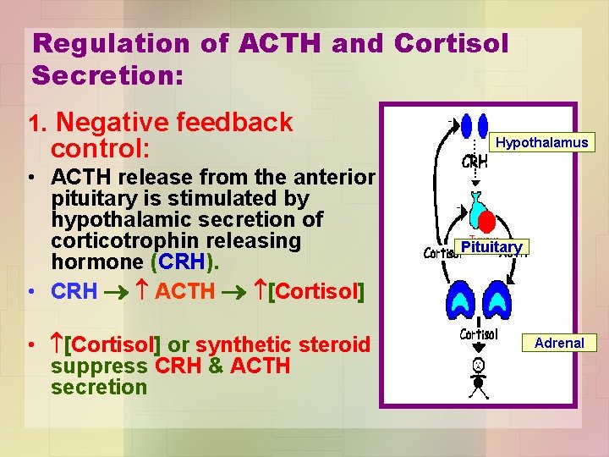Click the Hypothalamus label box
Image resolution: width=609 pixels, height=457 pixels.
pyautogui.click(x=541, y=142)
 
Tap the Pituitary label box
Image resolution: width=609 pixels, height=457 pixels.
pyautogui.click(x=491, y=247)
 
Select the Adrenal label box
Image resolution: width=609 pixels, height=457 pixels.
pyautogui.click(x=558, y=343)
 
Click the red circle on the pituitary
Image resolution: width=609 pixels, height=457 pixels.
pyautogui.click(x=488, y=222)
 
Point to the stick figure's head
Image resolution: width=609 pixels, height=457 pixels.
pyautogui.click(x=478, y=366)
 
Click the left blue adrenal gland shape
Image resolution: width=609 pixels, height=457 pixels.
pyautogui.click(x=461, y=298)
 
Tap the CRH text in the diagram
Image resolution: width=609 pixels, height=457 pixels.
pyautogui.click(x=475, y=162)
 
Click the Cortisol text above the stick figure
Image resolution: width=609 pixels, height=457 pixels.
pyautogui.click(x=478, y=334)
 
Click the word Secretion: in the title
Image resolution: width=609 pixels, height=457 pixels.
pyautogui.click(x=107, y=76)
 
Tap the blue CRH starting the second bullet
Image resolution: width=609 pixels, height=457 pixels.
pyautogui.click(x=74, y=292)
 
